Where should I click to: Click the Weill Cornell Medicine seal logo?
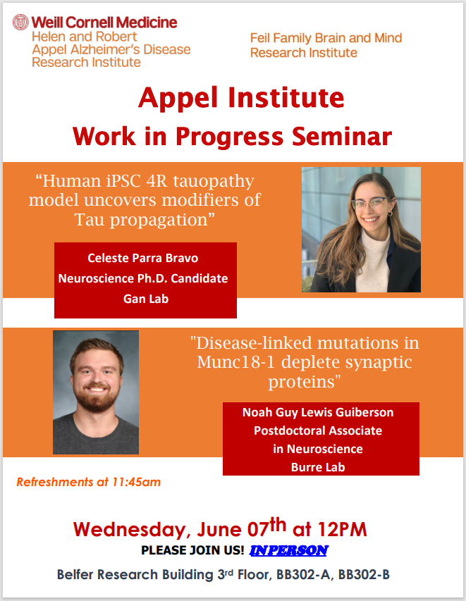point(20,23)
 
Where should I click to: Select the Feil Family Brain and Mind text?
point(326,38)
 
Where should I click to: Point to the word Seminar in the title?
point(342,136)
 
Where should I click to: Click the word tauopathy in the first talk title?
point(214,181)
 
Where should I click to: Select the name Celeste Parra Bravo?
point(142,258)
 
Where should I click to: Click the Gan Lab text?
point(146,299)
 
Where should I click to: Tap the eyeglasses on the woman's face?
point(371,203)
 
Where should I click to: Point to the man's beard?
point(97,398)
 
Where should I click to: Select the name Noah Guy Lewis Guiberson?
point(318,412)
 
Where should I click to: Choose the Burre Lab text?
point(318,467)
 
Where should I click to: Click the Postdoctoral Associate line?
point(318,430)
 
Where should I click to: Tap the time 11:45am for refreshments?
point(137,482)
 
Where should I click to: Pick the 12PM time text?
point(342,530)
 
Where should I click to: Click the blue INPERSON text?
point(289,550)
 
